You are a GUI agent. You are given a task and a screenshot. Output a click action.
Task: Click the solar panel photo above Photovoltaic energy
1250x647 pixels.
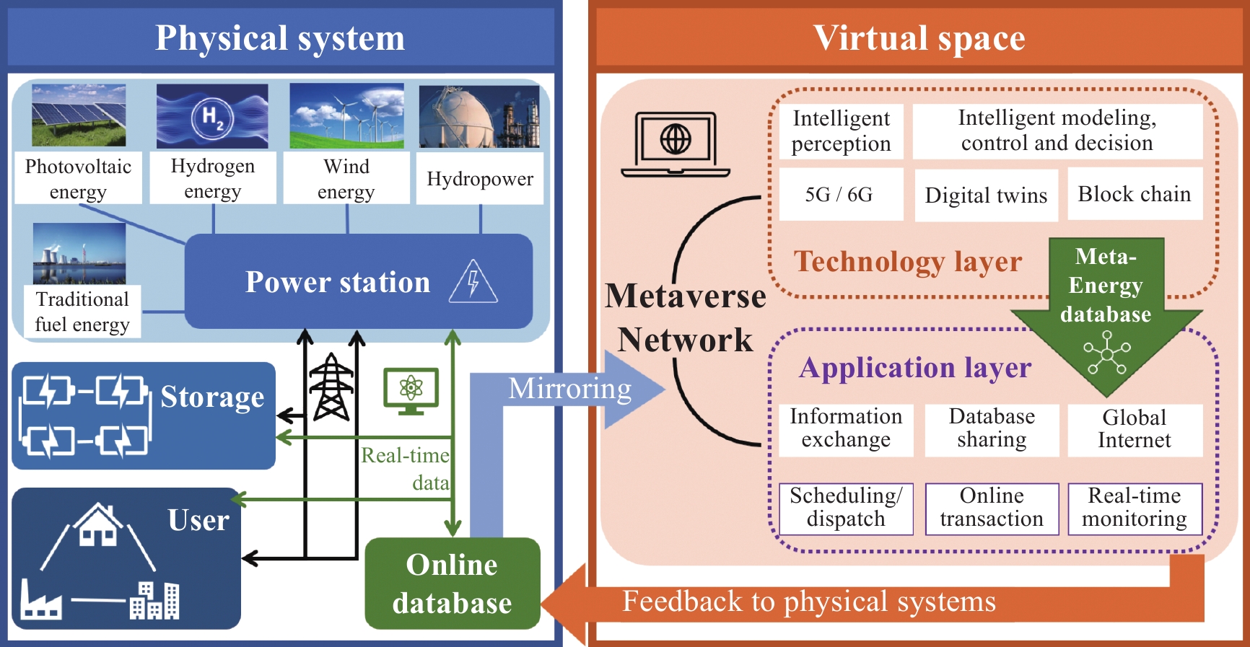(79, 115)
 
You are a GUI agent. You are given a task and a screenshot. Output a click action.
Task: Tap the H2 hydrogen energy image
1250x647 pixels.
(212, 116)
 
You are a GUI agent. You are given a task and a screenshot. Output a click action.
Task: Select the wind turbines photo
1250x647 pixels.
(346, 116)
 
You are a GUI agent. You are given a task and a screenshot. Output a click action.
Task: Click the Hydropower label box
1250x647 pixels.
(480, 178)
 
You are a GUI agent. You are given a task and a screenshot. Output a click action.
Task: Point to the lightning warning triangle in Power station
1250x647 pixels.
(473, 282)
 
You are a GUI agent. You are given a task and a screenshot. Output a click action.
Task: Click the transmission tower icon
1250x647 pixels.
(331, 387)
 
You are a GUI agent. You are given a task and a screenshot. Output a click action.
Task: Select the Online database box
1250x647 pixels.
(453, 584)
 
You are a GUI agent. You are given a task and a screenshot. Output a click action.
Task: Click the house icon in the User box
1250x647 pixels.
(98, 525)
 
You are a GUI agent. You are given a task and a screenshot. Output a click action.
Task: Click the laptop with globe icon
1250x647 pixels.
(676, 144)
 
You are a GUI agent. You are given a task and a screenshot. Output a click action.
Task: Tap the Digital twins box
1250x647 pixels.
(986, 195)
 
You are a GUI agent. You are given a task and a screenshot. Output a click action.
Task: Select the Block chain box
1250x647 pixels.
(1135, 193)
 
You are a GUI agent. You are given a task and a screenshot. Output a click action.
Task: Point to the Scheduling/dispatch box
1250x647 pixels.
(846, 509)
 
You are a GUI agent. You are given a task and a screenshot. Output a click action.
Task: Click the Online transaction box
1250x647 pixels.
(992, 509)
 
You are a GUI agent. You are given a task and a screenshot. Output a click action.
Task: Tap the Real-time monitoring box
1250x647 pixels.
(1135, 509)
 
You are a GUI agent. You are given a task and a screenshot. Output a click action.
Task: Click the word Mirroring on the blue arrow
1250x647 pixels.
(570, 389)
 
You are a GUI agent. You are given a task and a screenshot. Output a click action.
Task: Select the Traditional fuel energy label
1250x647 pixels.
(82, 312)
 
